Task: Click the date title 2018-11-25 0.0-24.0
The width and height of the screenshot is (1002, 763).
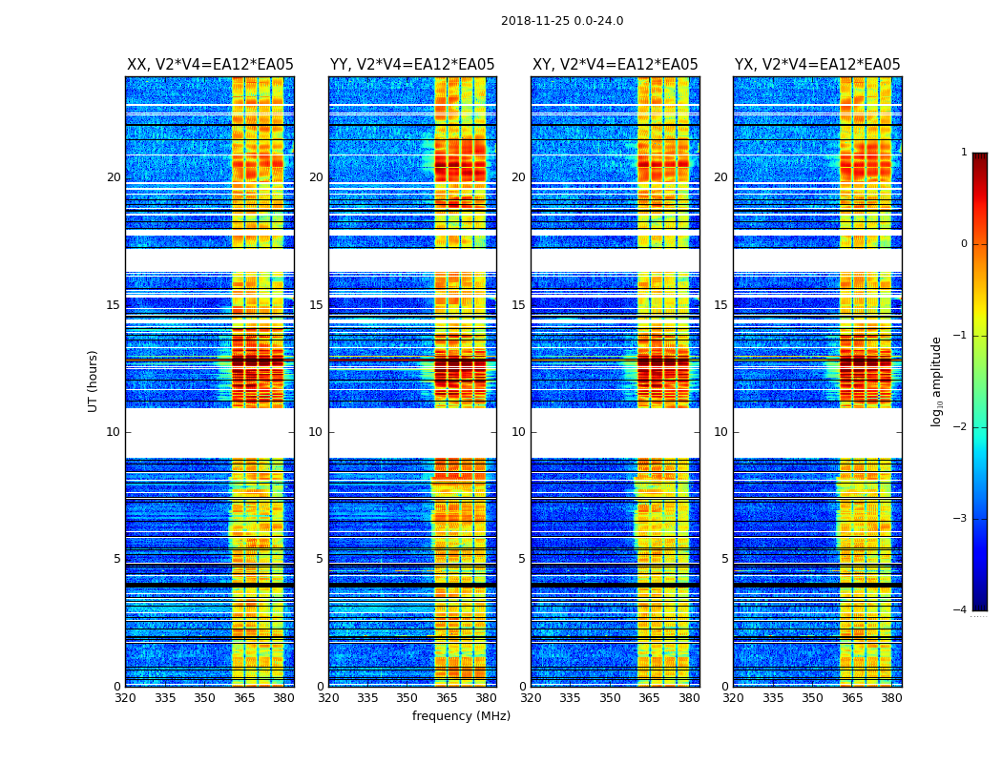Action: pyautogui.click(x=562, y=21)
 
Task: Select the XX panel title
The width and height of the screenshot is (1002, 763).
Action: pyautogui.click(x=210, y=65)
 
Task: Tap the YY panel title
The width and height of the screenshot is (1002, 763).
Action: pyautogui.click(x=412, y=65)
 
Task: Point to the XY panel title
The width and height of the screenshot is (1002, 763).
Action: pyautogui.click(x=616, y=65)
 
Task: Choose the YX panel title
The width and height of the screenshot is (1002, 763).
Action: pyautogui.click(x=818, y=65)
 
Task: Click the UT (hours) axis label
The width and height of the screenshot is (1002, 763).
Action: pyautogui.click(x=94, y=381)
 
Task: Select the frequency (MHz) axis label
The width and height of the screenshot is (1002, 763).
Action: pyautogui.click(x=461, y=716)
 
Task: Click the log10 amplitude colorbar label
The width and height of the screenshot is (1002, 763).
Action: pyautogui.click(x=937, y=381)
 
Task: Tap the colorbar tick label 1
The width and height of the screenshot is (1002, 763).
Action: pyautogui.click(x=963, y=153)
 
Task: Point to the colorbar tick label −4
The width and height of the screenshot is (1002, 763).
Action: pyautogui.click(x=960, y=610)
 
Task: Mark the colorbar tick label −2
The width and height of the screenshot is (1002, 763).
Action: pyautogui.click(x=960, y=427)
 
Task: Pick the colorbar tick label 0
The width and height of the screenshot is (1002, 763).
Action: pyautogui.click(x=963, y=244)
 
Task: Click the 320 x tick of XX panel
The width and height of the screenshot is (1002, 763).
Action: pyautogui.click(x=125, y=698)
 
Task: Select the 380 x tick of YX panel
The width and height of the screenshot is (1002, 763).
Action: pyautogui.click(x=891, y=698)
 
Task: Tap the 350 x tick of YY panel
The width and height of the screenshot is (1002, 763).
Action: pyautogui.click(x=407, y=698)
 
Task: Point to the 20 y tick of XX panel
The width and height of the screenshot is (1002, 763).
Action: pyautogui.click(x=114, y=177)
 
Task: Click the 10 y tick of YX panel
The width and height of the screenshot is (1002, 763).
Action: pyautogui.click(x=721, y=432)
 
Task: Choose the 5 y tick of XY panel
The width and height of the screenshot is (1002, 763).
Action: pyautogui.click(x=522, y=559)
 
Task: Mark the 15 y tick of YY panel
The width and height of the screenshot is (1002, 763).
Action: pyautogui.click(x=316, y=305)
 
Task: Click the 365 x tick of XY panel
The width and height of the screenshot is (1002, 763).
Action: pyautogui.click(x=650, y=698)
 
